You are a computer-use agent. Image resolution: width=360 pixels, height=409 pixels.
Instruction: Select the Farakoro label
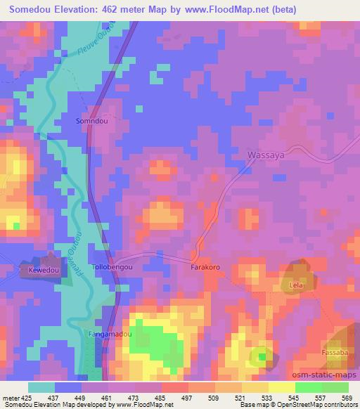[x=205, y=268]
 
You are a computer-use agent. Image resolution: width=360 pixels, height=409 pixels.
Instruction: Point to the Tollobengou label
[x=112, y=268]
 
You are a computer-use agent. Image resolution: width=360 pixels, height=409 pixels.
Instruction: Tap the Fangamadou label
[x=109, y=335]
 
